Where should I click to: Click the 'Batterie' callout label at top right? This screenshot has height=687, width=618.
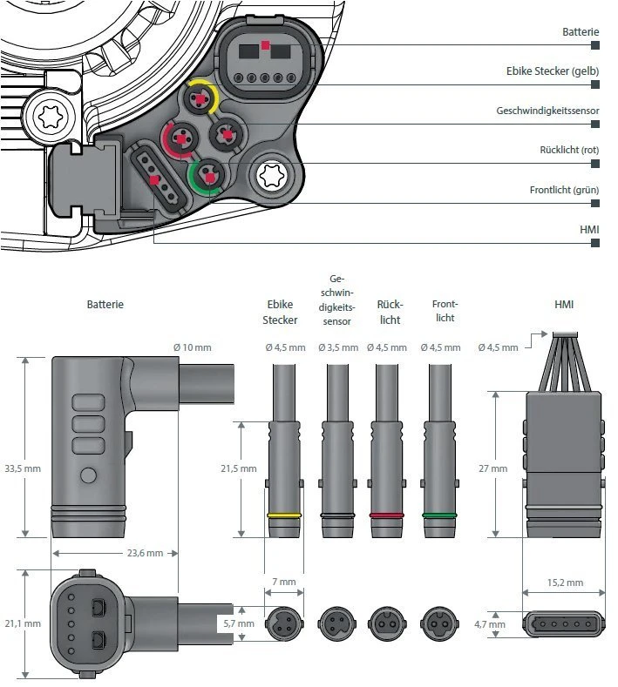point(581,31)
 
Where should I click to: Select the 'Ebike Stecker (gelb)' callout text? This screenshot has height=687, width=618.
point(553,71)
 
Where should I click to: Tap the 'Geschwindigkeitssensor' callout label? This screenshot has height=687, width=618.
point(547,111)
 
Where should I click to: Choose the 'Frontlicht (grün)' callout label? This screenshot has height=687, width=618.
point(564,190)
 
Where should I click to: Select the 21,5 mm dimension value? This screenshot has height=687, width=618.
point(238,468)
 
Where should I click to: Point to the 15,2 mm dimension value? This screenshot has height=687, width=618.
point(564,583)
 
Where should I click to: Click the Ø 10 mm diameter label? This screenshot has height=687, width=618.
point(192,347)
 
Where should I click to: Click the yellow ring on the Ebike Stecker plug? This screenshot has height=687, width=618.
point(285,515)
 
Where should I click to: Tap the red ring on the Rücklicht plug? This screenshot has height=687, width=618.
point(388,515)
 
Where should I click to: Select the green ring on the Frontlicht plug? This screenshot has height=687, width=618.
point(440,515)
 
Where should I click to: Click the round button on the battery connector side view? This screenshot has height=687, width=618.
point(87,475)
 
